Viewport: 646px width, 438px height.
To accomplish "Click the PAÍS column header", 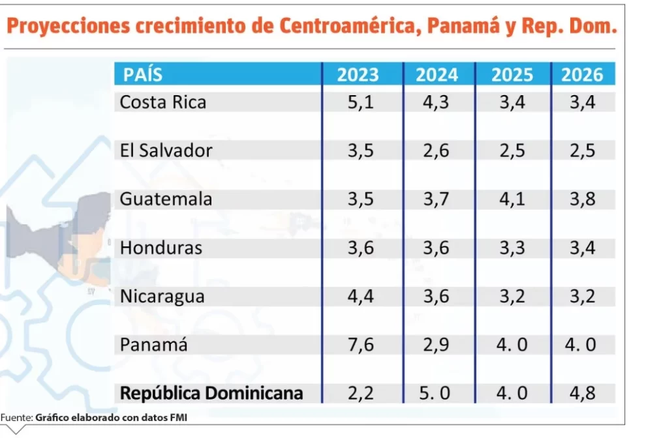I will tap(143, 75).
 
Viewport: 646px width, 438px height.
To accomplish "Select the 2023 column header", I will tap(358, 75).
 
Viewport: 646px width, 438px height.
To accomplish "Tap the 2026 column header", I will tap(582, 75).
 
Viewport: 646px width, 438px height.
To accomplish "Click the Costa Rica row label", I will tap(163, 102).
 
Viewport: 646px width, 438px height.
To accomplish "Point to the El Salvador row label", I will tap(166, 151).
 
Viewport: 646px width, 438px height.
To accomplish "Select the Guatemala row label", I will tap(166, 199).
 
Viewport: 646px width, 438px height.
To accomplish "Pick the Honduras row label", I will tap(161, 248).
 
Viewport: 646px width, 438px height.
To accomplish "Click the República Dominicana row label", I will tap(211, 393).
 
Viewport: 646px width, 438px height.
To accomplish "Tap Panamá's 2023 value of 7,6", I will tap(361, 345).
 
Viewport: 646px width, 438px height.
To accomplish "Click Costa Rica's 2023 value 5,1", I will tap(361, 102).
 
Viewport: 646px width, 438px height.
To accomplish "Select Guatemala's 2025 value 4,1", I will tap(512, 199).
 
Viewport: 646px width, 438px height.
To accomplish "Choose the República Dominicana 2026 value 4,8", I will tap(582, 393).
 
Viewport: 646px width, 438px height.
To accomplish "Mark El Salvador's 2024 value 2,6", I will tap(437, 151).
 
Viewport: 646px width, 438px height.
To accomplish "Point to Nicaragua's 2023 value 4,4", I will tap(361, 297).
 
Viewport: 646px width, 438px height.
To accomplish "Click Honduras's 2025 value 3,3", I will tap(512, 248).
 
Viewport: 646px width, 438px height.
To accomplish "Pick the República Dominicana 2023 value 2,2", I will tap(361, 393).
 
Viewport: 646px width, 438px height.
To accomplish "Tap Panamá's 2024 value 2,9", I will tap(437, 345).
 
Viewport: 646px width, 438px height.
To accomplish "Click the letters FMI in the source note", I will tap(177, 417).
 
